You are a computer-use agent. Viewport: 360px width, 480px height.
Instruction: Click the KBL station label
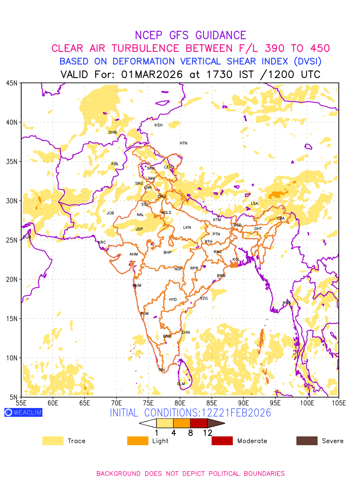pyautogui.click(x=115, y=164)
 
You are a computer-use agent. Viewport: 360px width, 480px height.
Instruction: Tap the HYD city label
pyautogui.click(x=173, y=300)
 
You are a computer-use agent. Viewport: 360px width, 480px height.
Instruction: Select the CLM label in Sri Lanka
pyautogui.click(x=181, y=384)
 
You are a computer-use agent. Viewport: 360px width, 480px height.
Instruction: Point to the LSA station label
pyautogui.click(x=254, y=204)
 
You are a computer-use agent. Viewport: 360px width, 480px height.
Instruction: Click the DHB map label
pyautogui.click(x=113, y=132)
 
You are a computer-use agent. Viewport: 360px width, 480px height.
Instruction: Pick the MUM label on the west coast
pyautogui.click(x=137, y=286)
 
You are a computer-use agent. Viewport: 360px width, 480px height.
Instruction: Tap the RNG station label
pyautogui.click(x=287, y=303)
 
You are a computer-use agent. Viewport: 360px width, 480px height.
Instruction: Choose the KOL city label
pyautogui.click(x=236, y=260)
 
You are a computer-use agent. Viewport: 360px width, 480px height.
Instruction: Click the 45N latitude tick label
pyautogui.click(x=12, y=83)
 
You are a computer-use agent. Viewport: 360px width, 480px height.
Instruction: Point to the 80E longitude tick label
pyautogui.click(x=180, y=402)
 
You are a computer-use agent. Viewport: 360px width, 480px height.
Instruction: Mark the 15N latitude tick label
pyautogui.click(x=12, y=319)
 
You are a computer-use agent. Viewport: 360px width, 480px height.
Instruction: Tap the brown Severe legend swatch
pyautogui.click(x=307, y=441)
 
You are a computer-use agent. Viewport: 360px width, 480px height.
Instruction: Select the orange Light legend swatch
pyautogui.click(x=137, y=441)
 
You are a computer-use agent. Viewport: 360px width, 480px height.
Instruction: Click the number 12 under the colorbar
pyautogui.click(x=207, y=432)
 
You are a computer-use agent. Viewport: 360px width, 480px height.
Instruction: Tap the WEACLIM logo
pyautogui.click(x=23, y=412)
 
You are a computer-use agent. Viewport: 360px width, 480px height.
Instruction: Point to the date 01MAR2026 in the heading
pyautogui.click(x=152, y=74)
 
